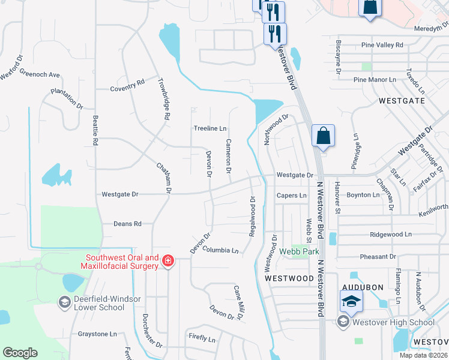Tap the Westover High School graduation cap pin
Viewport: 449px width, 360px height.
click(351, 301)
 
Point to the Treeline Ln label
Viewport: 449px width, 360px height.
click(210, 128)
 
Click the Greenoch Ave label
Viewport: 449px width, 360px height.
click(40, 75)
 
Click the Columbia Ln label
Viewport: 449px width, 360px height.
click(220, 249)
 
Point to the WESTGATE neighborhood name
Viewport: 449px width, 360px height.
click(402, 101)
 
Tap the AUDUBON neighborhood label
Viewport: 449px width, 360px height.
click(364, 287)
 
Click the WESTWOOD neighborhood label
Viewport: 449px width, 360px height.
click(290, 278)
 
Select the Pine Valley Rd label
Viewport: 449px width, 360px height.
click(383, 45)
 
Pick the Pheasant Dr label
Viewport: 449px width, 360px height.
click(378, 257)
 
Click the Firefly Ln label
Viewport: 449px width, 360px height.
click(201, 338)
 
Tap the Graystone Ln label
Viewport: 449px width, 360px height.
click(97, 334)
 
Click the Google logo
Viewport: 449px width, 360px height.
click(20, 353)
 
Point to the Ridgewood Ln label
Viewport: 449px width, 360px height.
click(391, 234)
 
